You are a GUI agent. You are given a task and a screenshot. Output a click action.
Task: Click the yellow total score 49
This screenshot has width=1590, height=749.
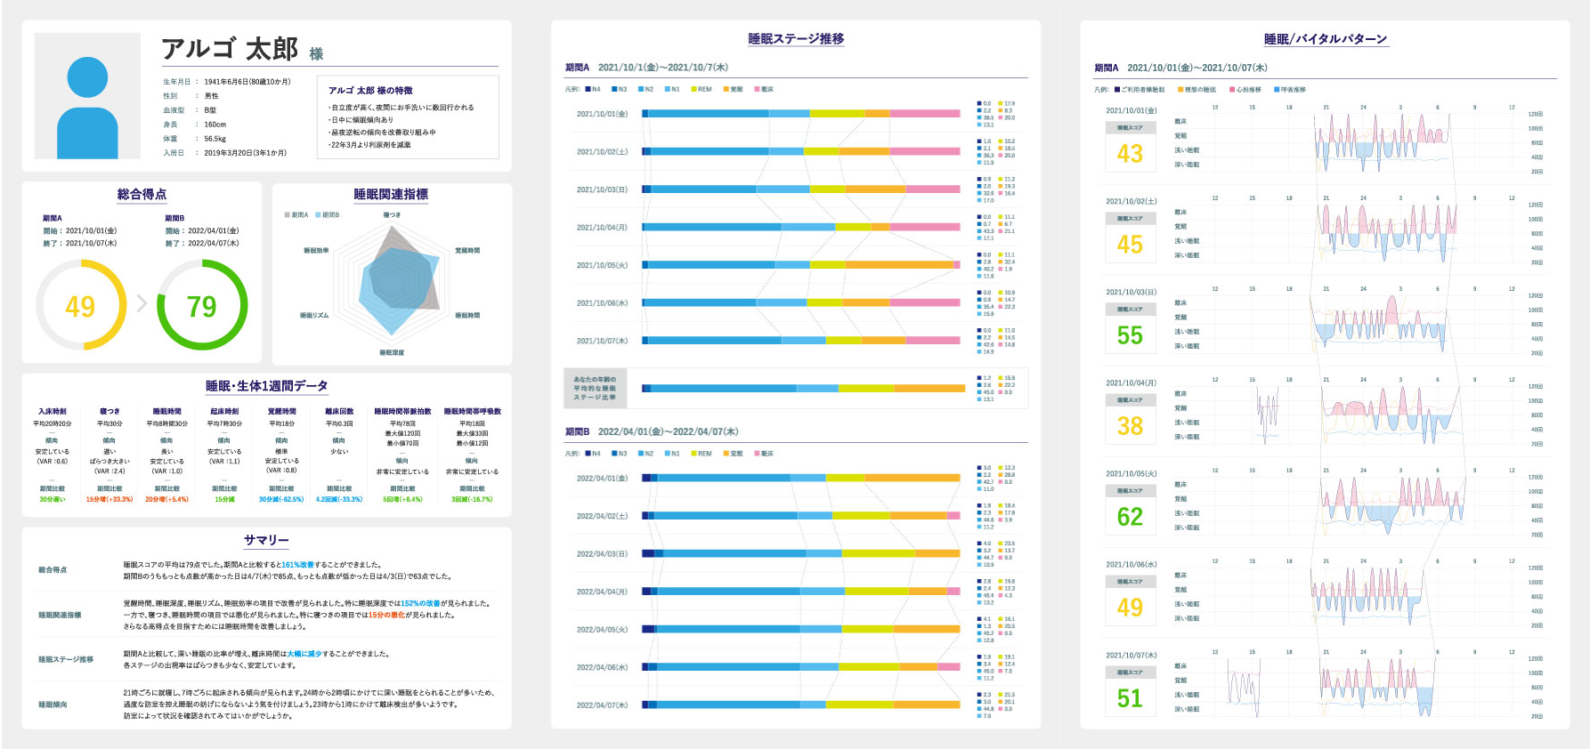tap(80, 306)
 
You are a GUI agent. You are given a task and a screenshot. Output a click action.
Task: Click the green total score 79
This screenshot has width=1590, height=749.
tap(202, 306)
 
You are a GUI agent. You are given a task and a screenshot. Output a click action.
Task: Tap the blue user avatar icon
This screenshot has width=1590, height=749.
tap(87, 108)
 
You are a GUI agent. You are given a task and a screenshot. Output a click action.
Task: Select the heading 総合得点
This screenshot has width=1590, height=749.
tap(142, 194)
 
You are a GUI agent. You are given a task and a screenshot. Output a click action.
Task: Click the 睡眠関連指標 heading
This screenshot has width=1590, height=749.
tap(391, 194)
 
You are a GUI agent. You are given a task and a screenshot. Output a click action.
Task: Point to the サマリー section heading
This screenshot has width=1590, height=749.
tap(266, 540)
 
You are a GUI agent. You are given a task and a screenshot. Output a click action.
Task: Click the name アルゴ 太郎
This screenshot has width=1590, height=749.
tap(230, 49)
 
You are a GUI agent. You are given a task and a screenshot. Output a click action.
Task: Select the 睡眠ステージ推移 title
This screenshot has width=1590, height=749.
tap(796, 39)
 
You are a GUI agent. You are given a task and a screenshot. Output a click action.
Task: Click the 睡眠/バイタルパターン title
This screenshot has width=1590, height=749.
tap(1326, 39)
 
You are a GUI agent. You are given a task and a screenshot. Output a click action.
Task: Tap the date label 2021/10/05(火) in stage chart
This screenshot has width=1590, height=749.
tap(602, 265)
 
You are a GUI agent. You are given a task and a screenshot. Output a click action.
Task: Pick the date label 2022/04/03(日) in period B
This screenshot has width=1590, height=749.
tap(602, 553)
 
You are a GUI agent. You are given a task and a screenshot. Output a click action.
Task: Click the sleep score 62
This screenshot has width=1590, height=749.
tap(1130, 517)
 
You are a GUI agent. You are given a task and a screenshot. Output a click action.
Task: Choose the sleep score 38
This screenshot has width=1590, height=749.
tap(1130, 426)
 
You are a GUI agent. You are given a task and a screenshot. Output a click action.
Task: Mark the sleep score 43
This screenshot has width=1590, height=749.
tap(1130, 154)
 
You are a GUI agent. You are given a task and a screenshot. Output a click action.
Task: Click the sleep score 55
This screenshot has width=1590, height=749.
tap(1130, 335)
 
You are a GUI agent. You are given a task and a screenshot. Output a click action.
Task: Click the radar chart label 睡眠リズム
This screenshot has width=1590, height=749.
tap(314, 316)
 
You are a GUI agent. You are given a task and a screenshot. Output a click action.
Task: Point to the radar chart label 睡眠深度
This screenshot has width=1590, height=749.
tap(392, 353)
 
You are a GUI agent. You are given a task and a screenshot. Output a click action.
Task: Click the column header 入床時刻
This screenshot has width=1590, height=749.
tap(53, 412)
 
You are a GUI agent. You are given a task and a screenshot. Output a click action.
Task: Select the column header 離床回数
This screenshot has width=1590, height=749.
tap(339, 412)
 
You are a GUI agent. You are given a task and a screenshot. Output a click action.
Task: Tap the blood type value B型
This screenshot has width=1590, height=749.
tap(210, 110)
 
